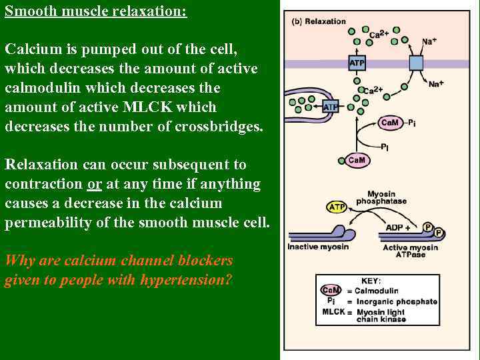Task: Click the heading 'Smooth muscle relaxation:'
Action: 96,12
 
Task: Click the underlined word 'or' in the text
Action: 94,183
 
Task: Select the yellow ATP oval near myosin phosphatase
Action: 337,207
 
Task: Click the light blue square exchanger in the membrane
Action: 416,63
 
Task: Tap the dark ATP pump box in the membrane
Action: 357,63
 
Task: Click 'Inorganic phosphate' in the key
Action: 396,301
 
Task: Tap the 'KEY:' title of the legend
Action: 371,281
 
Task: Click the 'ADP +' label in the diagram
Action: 398,228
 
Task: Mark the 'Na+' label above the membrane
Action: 429,41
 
